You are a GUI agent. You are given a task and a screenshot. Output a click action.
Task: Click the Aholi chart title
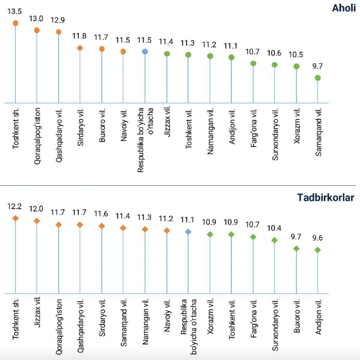click(343, 8)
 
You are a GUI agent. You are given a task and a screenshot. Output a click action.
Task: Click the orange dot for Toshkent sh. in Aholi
click(15, 23)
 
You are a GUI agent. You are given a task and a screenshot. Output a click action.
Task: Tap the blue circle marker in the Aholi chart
click(145, 51)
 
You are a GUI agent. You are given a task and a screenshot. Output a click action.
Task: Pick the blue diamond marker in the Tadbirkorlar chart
click(188, 232)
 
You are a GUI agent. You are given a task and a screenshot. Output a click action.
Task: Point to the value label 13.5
click(15, 11)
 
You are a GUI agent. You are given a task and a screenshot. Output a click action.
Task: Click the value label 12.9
click(58, 20)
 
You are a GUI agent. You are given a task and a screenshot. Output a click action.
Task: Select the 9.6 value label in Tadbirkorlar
click(318, 238)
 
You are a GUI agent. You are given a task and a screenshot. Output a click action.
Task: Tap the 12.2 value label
click(15, 206)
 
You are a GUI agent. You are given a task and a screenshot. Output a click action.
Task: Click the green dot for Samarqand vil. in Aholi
click(318, 78)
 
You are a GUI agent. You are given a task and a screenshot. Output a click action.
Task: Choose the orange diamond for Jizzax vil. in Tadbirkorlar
click(37, 221)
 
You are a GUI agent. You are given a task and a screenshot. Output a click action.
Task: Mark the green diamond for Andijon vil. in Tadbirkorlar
click(318, 250)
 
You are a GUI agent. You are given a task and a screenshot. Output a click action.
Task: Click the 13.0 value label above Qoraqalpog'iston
click(36, 19)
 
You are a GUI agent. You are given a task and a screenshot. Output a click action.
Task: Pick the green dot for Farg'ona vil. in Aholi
click(253, 64)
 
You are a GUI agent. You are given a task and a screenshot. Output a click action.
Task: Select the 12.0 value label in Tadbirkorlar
click(37, 209)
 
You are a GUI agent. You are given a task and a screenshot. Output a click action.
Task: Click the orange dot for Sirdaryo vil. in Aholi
click(80, 48)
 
